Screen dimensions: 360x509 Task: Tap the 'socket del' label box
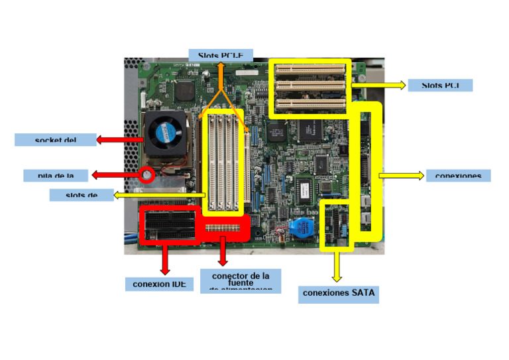(x=56, y=139)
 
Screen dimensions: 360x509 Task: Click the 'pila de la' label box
(x=56, y=175)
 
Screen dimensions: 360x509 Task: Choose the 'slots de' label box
(x=82, y=194)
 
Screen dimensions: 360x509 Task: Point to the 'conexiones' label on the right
(x=458, y=175)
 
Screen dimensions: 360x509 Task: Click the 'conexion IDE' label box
(x=159, y=284)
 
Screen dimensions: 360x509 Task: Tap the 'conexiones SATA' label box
(x=338, y=292)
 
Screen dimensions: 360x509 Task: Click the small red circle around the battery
(x=146, y=176)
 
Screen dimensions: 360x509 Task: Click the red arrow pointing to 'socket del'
(x=119, y=140)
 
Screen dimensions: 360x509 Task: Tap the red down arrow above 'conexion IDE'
(x=164, y=259)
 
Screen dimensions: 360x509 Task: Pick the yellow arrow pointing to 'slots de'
(x=159, y=195)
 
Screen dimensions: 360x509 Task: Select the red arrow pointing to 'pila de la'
(x=116, y=175)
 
